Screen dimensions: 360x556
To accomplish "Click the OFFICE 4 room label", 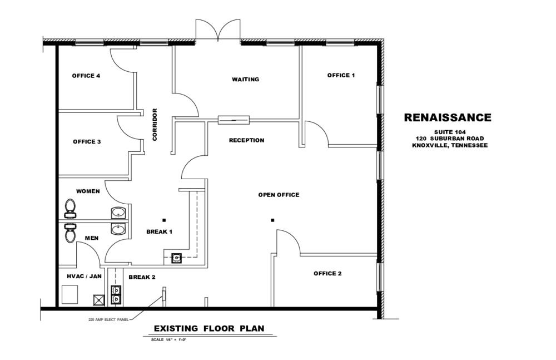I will pos(86,76).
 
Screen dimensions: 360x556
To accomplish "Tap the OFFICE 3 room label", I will pos(87,142).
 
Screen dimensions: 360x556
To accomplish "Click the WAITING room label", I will pos(245,80).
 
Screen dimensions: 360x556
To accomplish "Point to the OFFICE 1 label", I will pos(341,75).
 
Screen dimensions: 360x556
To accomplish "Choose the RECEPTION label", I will pos(246,140).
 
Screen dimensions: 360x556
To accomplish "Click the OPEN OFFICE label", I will pos(279,195).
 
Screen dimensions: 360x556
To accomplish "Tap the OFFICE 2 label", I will pos(327,273).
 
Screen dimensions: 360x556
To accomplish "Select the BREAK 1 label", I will pos(159,231).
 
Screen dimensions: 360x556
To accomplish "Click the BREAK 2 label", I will pos(142,277).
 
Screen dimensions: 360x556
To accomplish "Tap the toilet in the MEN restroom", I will pos(70,232).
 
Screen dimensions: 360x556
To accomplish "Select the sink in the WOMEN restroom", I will pos(118,212).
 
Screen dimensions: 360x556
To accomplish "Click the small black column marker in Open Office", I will pos(272,220).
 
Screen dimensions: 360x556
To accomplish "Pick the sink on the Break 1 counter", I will pos(177,257).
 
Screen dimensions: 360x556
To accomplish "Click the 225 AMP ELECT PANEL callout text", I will pos(108,320).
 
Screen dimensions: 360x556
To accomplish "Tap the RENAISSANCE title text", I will pos(447,117).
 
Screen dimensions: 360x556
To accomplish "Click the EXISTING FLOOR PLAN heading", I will pos(209,328).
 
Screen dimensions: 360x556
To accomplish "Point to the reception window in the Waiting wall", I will pos(234,119).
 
